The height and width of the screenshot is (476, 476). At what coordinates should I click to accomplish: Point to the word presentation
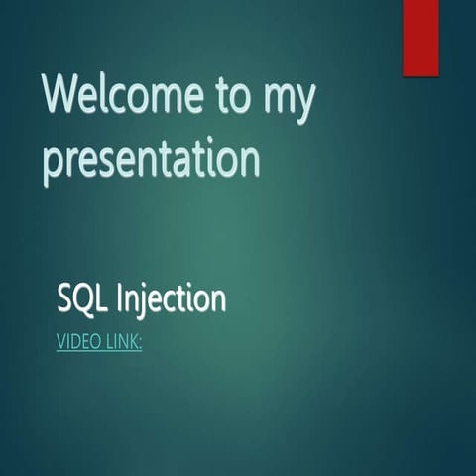coord(152,160)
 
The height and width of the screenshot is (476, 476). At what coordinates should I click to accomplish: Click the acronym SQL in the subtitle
coord(82,297)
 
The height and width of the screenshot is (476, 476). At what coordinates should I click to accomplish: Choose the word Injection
coord(172,298)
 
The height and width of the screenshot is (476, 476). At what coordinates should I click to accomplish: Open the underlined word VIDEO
coord(77,343)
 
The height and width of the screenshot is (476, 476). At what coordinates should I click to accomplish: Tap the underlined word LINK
coord(122,343)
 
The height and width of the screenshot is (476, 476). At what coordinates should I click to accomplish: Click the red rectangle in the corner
coord(419,37)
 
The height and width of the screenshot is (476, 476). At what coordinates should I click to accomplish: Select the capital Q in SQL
coord(83,297)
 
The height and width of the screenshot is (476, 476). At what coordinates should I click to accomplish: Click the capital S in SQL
coord(65,297)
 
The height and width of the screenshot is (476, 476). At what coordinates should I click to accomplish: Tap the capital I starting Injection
coord(121,297)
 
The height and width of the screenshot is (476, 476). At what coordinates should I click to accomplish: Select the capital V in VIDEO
coord(60,343)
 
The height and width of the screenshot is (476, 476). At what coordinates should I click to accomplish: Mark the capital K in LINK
coord(134,343)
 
